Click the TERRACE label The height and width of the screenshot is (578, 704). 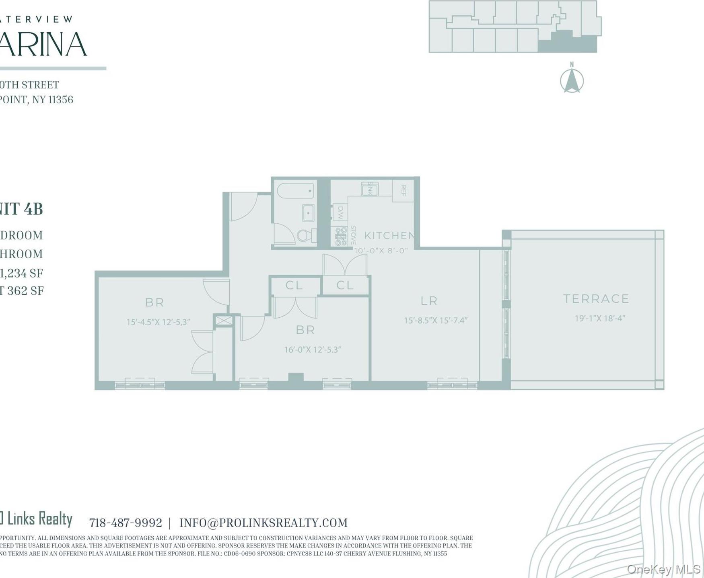(596, 299)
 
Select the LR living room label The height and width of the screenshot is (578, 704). (429, 300)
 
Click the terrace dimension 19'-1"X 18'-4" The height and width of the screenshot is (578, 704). (600, 319)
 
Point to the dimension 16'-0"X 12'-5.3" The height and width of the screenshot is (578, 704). (313, 350)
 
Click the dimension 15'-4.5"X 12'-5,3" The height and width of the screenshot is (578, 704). (158, 322)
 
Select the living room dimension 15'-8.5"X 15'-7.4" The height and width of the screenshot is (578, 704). (436, 321)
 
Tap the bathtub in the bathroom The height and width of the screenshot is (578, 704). (295, 191)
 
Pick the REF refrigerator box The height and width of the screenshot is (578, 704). (403, 191)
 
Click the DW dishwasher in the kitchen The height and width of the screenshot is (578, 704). (340, 212)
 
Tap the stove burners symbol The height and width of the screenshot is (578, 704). (341, 236)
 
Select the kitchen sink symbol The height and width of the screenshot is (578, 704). (369, 189)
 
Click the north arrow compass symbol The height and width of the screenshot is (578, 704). (572, 80)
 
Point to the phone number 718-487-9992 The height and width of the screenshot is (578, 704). (126, 523)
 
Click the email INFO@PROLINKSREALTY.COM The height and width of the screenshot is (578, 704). (263, 523)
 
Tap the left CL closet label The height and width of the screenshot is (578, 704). (294, 286)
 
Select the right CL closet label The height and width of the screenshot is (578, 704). (345, 286)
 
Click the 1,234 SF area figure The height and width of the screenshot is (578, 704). (22, 274)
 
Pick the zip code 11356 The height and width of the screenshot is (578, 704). (61, 100)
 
